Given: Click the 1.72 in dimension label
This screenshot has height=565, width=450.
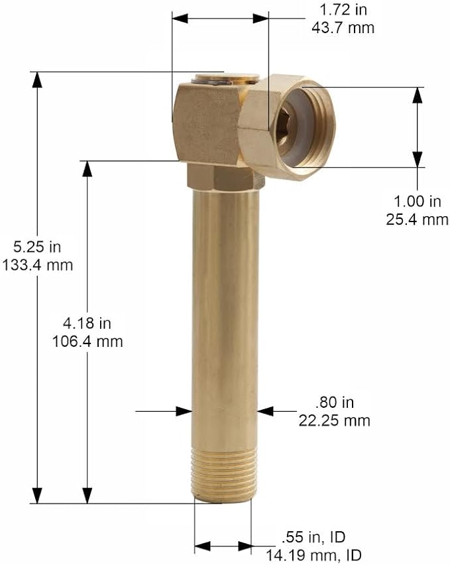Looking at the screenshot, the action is (343, 10).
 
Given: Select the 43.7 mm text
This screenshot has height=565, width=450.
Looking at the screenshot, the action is (343, 28).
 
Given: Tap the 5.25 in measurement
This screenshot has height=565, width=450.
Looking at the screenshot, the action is (37, 247).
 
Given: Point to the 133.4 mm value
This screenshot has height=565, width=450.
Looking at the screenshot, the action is (37, 265).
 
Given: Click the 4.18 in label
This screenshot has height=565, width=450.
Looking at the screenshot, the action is (87, 323).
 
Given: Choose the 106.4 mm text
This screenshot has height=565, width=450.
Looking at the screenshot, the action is (87, 342).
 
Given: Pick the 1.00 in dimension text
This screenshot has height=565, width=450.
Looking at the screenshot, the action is (418, 202).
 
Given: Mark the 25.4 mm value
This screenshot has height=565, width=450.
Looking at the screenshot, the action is (418, 220).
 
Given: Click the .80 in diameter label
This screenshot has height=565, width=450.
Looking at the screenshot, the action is (335, 402).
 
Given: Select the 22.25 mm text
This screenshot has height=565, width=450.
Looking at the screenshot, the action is (335, 420).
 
